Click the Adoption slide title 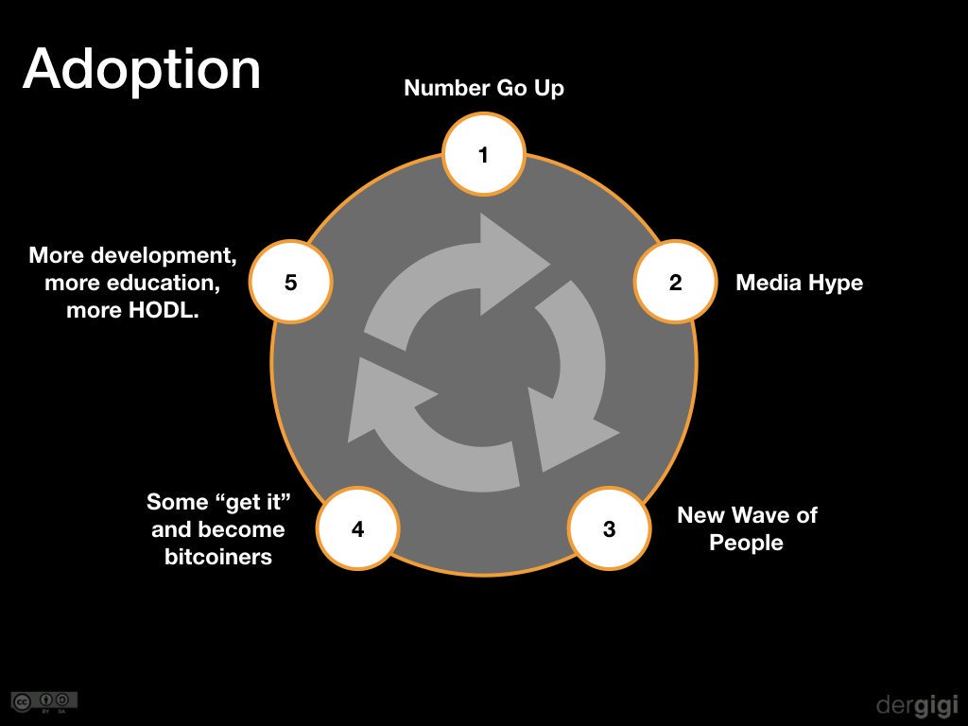pos(142,71)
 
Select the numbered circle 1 pos(483,154)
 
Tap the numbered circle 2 pos(675,282)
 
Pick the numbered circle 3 pos(609,528)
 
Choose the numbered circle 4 pos(358,528)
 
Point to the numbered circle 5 pos(291,282)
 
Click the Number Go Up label pos(484,88)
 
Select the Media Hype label pos(800,283)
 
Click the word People pos(747,543)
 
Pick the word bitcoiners pos(218,557)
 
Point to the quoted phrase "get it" pos(253,502)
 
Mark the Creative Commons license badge pos(44,702)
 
